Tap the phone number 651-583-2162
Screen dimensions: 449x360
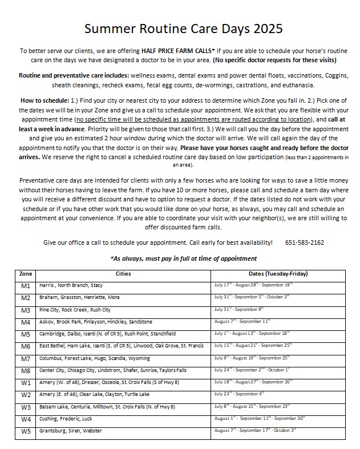coord(305,242)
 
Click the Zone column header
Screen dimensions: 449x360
coord(26,274)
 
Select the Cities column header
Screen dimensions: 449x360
coord(123,274)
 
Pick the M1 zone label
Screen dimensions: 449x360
coord(26,285)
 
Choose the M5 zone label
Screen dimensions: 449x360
coord(26,334)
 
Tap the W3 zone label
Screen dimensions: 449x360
coord(26,406)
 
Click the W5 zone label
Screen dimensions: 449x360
coord(26,431)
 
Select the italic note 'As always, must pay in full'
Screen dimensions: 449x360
coord(183,258)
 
